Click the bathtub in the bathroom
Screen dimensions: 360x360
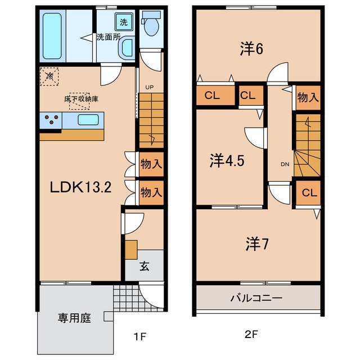[52, 36]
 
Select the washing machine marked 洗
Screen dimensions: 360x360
[124, 22]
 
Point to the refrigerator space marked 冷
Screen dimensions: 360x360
[49, 76]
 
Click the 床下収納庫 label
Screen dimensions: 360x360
[81, 99]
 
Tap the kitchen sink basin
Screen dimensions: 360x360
[88, 120]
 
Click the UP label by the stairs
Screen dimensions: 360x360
[150, 87]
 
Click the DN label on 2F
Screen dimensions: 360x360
[285, 164]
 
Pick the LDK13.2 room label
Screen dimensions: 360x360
[80, 187]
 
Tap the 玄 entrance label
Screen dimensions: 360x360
[145, 266]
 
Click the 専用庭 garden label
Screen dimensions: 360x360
[74, 318]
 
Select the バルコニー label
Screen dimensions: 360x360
[256, 298]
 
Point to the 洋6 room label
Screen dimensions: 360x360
[251, 49]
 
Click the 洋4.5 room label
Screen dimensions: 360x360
[227, 161]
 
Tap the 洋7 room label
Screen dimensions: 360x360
[257, 244]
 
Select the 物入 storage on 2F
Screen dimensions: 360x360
[308, 98]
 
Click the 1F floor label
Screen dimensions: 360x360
[140, 337]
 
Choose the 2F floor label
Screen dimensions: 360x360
[251, 335]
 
